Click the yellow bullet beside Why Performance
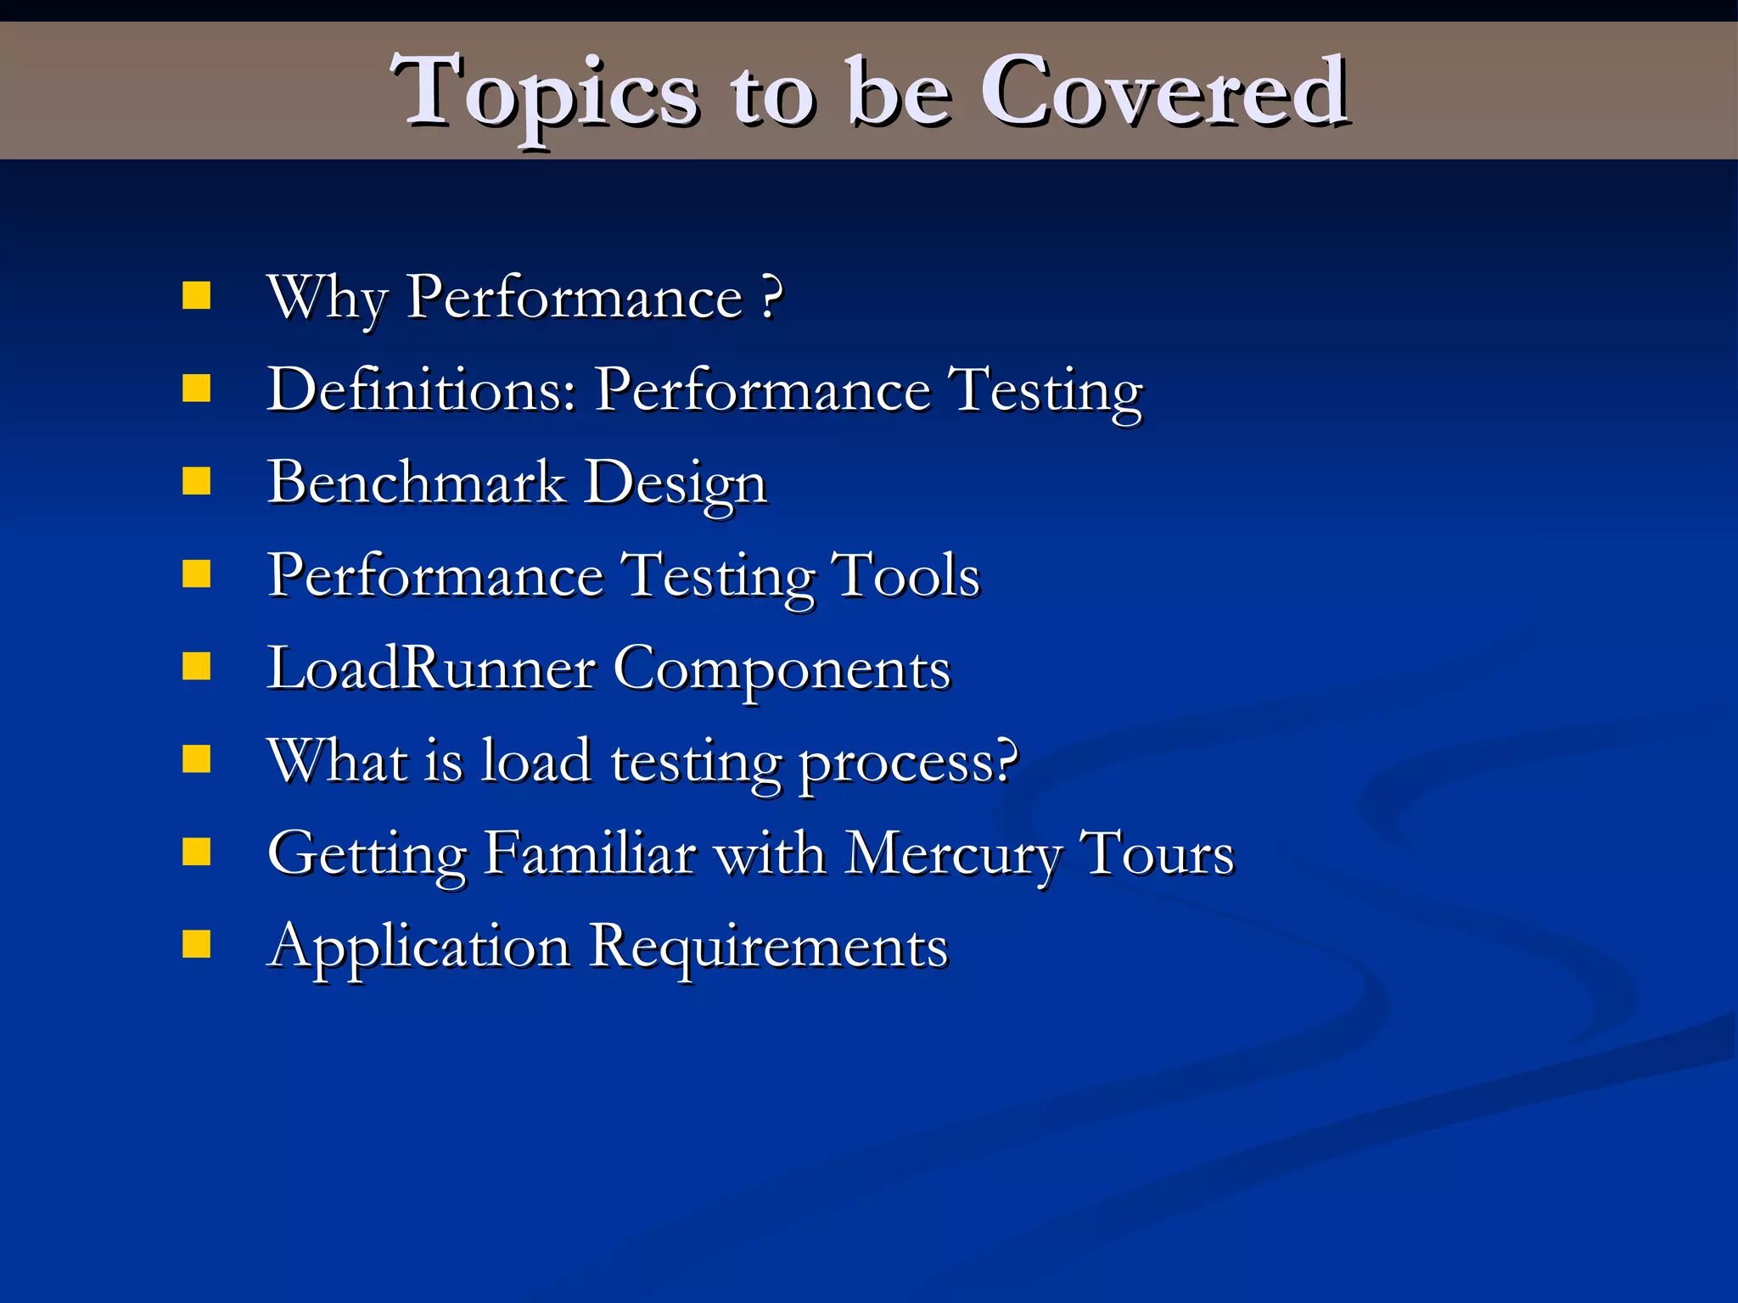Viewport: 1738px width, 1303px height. pyautogui.click(x=197, y=296)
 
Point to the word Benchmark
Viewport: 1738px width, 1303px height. pyautogui.click(x=416, y=482)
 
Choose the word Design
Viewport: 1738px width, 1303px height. pyautogui.click(x=676, y=484)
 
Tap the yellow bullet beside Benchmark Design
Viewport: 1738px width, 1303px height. pyautogui.click(x=197, y=481)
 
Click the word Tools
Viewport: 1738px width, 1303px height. pyautogui.click(x=905, y=575)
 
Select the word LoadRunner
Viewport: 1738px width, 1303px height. pyautogui.click(x=431, y=668)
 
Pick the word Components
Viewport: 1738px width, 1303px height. pyautogui.click(x=782, y=670)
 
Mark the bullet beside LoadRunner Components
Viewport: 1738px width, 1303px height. pyautogui.click(x=197, y=667)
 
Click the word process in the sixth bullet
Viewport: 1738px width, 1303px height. pyautogui.click(x=908, y=762)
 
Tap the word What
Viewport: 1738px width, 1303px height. pyautogui.click(x=337, y=759)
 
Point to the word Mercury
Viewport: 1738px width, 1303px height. pyautogui.click(x=954, y=853)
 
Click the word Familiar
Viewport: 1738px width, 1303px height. pyautogui.click(x=590, y=853)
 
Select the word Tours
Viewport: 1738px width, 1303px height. pyautogui.click(x=1157, y=853)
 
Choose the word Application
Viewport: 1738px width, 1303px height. pyautogui.click(x=418, y=947)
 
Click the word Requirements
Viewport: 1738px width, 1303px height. pyautogui.click(x=769, y=947)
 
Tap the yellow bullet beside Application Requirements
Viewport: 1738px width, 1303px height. pyautogui.click(x=197, y=943)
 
